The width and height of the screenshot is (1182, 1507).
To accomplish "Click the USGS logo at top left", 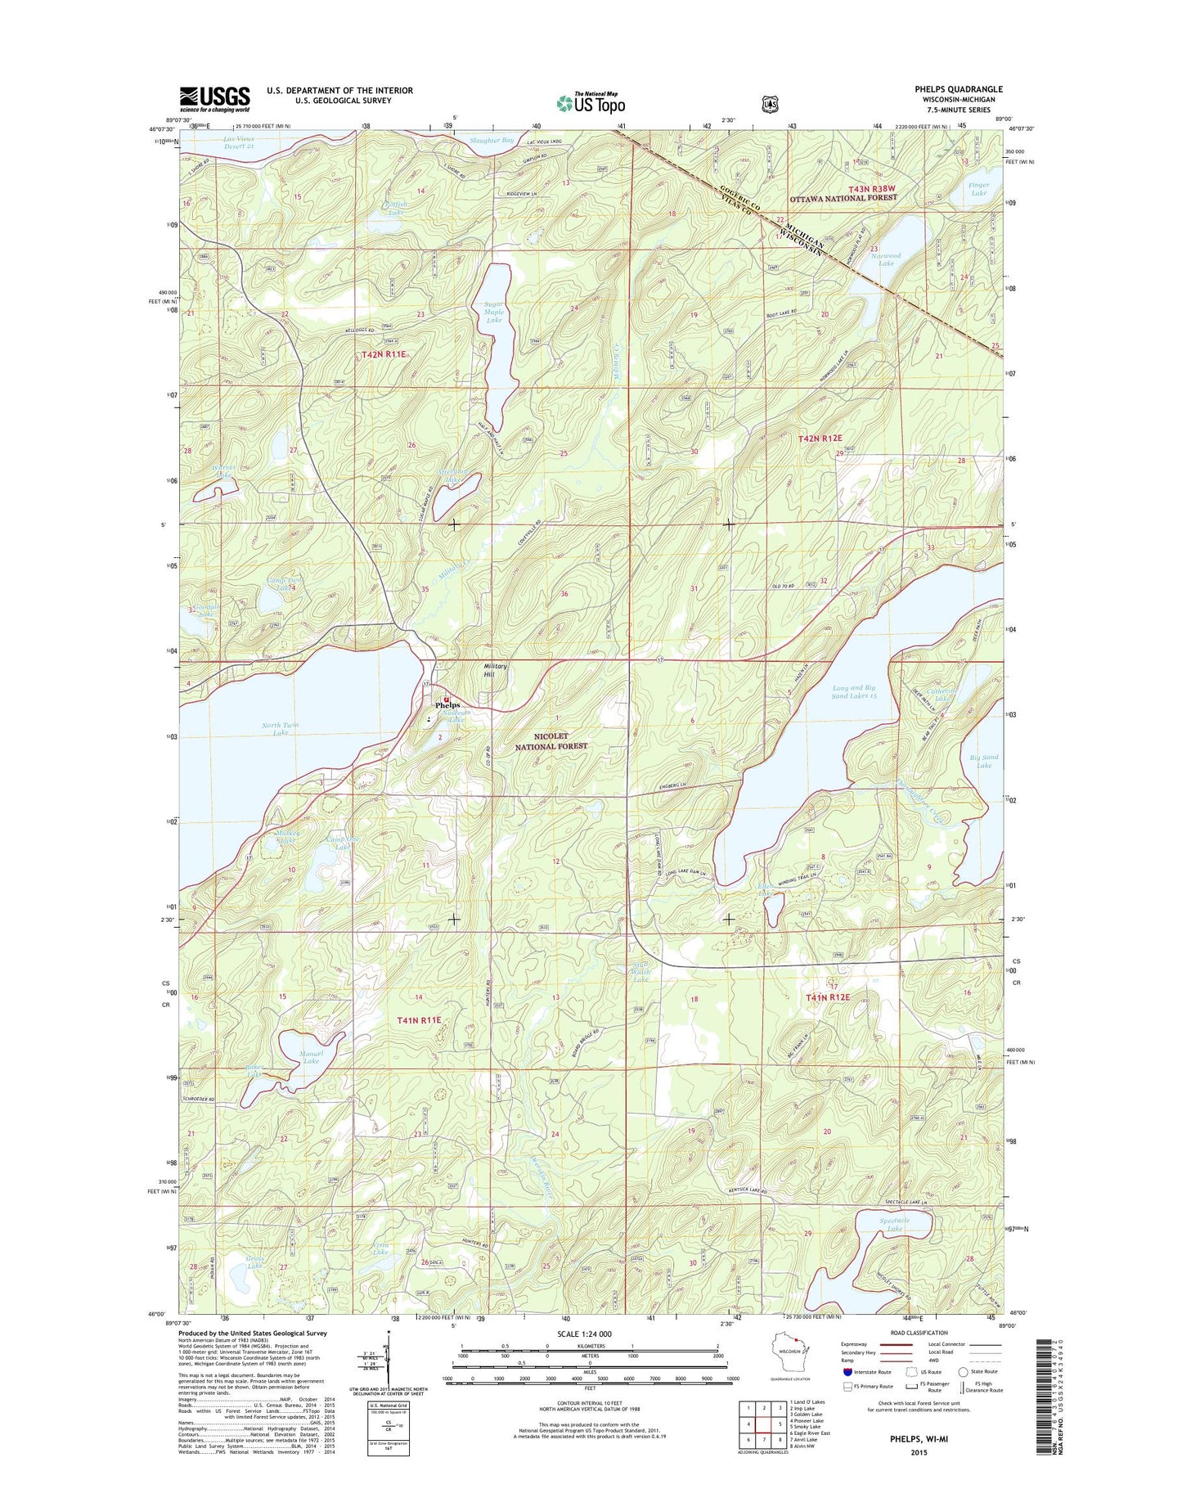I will coord(214,99).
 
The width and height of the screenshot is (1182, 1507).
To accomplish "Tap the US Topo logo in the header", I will coord(591,102).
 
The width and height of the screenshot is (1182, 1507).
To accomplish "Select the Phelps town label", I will coord(447,704).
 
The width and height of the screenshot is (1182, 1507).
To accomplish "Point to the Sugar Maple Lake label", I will coord(494,313).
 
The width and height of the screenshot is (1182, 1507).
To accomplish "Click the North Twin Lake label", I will coord(280,729).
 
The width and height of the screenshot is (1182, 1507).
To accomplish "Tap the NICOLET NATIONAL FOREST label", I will coord(551,741).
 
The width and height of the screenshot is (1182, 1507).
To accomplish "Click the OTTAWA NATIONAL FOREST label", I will coord(843,198).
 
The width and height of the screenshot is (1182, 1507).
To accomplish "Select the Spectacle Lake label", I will coord(894,1225).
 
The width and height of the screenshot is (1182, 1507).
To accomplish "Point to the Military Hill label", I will coord(495,670).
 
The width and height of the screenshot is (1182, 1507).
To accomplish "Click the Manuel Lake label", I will coord(311,1057).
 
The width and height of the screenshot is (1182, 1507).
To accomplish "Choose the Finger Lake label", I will coord(978,189).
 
